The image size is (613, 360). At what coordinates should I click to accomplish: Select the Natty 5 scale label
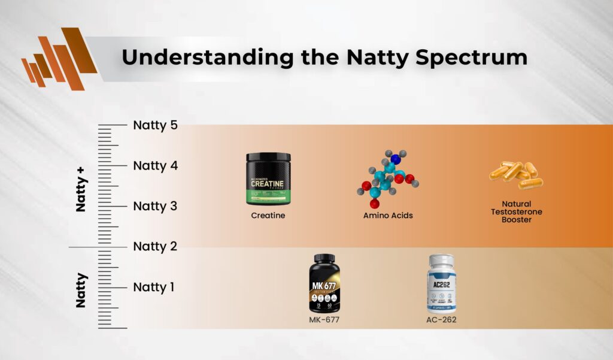(156, 125)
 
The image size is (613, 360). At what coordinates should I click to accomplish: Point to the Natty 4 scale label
(156, 165)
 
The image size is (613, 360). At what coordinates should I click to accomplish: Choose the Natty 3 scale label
(156, 206)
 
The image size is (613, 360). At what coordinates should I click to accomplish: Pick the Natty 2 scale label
(156, 246)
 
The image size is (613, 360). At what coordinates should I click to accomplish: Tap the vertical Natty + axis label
(82, 189)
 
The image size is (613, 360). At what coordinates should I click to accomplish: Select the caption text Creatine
(268, 215)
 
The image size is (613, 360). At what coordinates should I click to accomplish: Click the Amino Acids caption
(388, 215)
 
